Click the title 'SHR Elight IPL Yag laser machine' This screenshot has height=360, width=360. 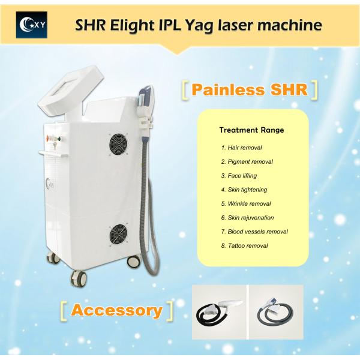[198, 25]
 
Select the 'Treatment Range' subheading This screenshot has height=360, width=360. [251, 129]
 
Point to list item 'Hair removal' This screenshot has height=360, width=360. [241, 147]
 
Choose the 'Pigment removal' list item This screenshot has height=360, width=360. [247, 161]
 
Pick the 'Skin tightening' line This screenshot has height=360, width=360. [244, 189]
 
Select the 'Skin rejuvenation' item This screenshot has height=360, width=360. [248, 217]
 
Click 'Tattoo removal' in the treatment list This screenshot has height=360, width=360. [244, 245]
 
